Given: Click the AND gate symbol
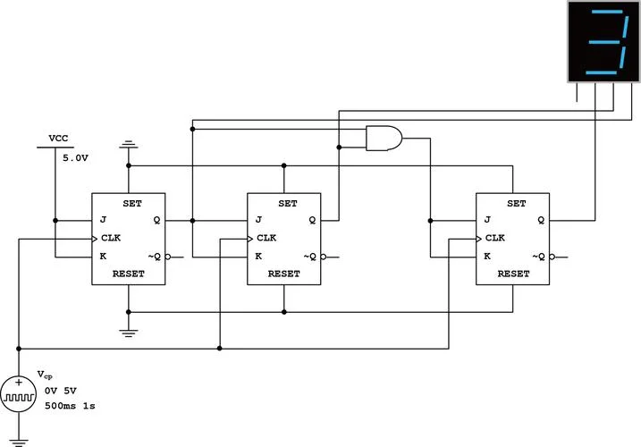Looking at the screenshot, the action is (384, 139).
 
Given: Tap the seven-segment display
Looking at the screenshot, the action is (603, 42).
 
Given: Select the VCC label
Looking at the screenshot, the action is (58, 139).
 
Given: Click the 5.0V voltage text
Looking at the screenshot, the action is (75, 158).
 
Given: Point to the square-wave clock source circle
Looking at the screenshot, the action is (19, 394).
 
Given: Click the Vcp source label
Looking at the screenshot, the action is (45, 375).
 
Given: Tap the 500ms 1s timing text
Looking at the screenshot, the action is (70, 406).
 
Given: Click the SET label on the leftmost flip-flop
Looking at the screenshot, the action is (132, 203).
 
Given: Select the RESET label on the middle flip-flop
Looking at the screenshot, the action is (283, 274).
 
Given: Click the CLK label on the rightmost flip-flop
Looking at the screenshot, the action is (495, 238).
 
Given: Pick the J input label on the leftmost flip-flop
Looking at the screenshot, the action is (103, 220).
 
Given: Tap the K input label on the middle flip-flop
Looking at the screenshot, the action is (258, 256).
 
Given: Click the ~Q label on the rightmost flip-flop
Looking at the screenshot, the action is (538, 257).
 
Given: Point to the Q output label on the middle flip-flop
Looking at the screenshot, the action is (312, 220).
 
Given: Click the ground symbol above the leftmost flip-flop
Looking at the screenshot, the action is (129, 144).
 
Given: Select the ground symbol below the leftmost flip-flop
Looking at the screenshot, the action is (129, 333).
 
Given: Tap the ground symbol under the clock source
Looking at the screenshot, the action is (19, 443).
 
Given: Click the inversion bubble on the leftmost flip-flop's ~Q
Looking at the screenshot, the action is (167, 257).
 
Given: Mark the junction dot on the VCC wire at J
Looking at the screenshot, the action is (55, 221).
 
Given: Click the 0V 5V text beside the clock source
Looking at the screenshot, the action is (61, 391).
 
